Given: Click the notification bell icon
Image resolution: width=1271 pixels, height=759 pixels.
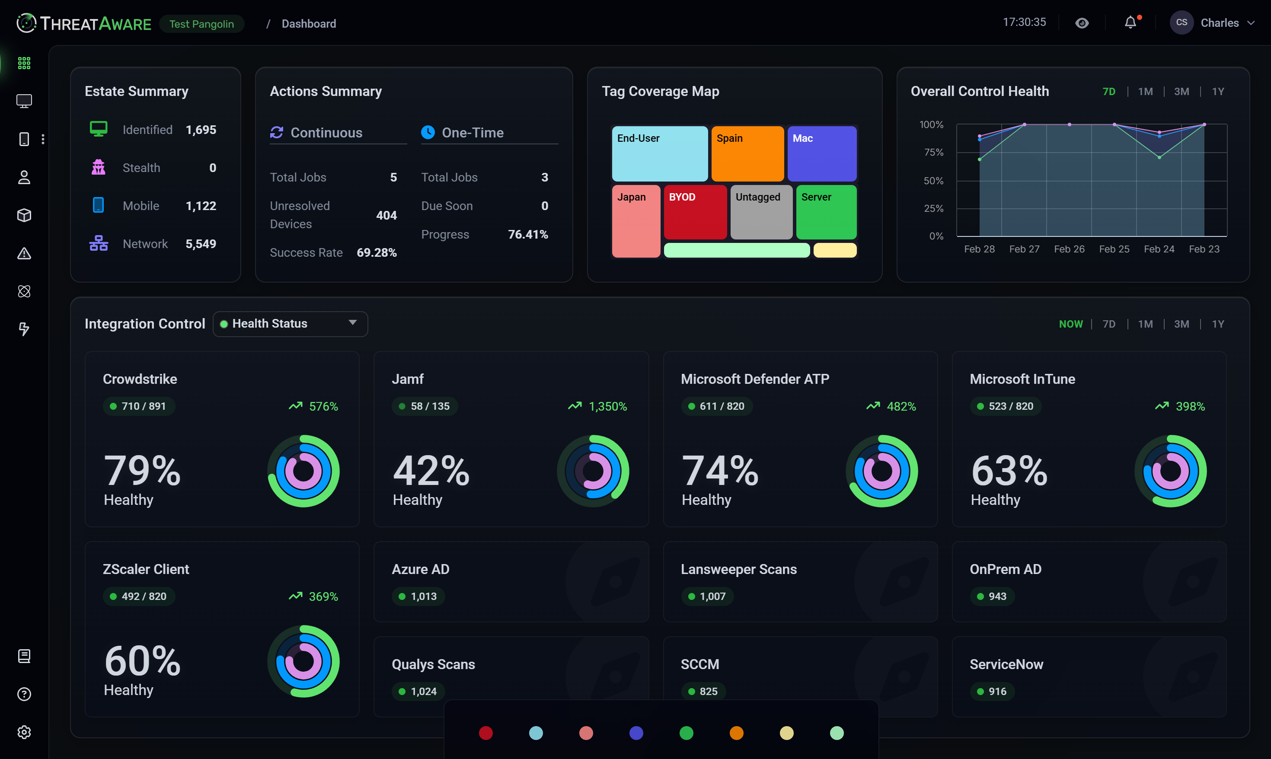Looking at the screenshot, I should pos(1130,23).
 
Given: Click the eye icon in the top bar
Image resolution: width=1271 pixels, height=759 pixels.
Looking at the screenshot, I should pos(1082,23).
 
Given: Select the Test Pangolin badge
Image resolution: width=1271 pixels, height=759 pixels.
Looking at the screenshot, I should pos(201,24).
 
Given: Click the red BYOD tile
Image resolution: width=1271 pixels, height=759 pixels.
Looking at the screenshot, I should pos(695,212).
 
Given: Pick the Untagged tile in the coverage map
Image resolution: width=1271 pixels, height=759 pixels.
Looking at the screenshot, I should pos(761,212).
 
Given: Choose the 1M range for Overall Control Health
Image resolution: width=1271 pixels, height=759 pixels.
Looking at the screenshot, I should pos(1145,92).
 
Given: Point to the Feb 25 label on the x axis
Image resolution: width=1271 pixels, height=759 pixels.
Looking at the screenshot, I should pos(1114,249).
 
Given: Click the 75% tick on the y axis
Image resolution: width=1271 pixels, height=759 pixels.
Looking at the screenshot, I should pos(933,153).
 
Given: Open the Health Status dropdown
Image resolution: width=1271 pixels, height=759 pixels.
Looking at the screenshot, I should pos(290,324).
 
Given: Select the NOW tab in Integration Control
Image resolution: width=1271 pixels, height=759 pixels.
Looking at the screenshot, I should pos(1070,324).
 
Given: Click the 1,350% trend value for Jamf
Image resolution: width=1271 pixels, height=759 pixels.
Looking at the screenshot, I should pos(607,407).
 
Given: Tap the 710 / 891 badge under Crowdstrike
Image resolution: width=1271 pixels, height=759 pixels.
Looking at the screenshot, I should pos(139,406).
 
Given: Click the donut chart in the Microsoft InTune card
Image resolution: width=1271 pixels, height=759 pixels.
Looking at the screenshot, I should pos(1170,471).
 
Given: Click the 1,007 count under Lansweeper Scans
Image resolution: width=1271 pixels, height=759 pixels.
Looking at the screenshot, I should pos(712,596).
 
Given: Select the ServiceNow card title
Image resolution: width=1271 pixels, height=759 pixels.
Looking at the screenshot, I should pos(1006,664).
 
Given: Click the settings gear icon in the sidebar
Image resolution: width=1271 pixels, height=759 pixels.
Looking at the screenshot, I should pos(24,732).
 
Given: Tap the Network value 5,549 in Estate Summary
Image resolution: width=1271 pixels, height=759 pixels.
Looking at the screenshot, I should pos(201,244).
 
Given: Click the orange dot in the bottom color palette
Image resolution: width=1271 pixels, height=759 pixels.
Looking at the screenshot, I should pos(736,733).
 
